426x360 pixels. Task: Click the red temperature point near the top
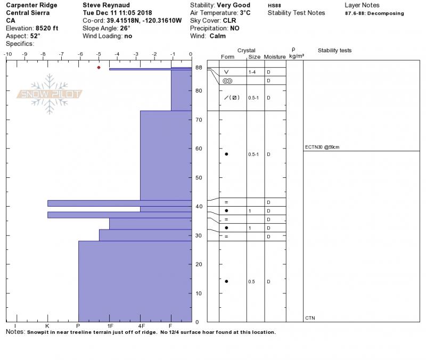tap(99, 68)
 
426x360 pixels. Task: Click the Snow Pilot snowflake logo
tap(51, 94)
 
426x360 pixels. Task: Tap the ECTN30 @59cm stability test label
tap(323, 148)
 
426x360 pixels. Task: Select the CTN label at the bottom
tap(310, 318)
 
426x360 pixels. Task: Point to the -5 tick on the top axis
tap(99, 54)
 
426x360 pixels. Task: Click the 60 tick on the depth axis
tap(199, 149)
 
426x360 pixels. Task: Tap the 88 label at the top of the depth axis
tap(199, 68)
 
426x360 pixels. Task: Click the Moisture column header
tap(275, 56)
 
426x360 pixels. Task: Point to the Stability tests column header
tap(334, 51)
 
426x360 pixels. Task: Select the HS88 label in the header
tap(274, 5)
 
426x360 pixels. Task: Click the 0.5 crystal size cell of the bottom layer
tap(252, 282)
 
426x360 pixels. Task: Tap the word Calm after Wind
tap(218, 36)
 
